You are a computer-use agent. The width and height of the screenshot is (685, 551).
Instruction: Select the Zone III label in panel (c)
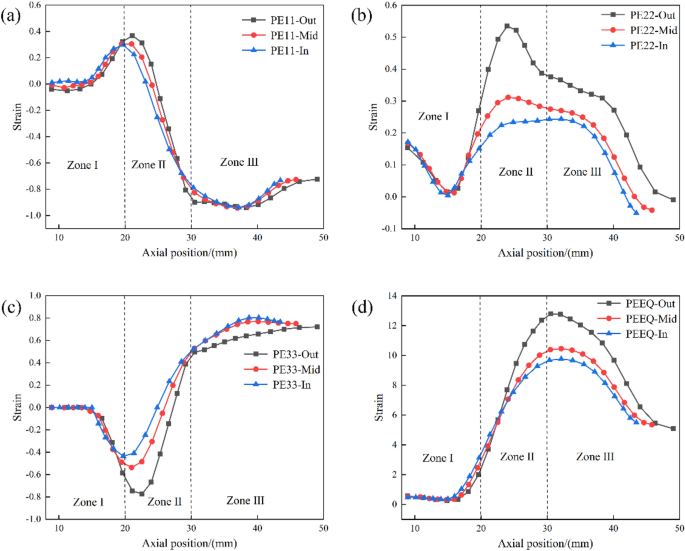coord(245,499)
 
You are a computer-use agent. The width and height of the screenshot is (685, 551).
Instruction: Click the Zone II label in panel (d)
coord(517,456)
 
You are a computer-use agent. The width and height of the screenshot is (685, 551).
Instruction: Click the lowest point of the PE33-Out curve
coord(142,494)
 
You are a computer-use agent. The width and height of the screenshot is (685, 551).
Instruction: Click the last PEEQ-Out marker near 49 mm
coord(673,428)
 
